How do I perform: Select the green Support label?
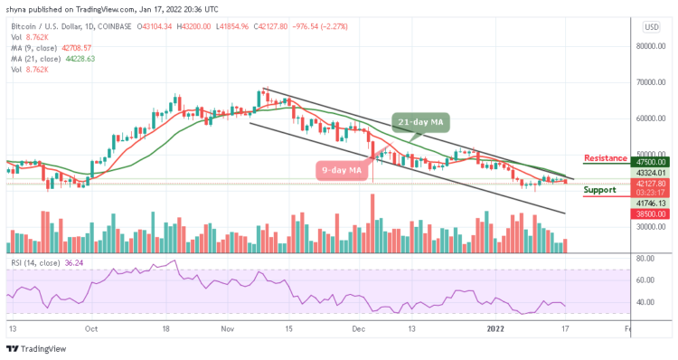pyautogui.click(x=599, y=190)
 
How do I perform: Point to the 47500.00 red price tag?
pyautogui.click(x=651, y=163)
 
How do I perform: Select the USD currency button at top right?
pyautogui.click(x=651, y=27)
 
